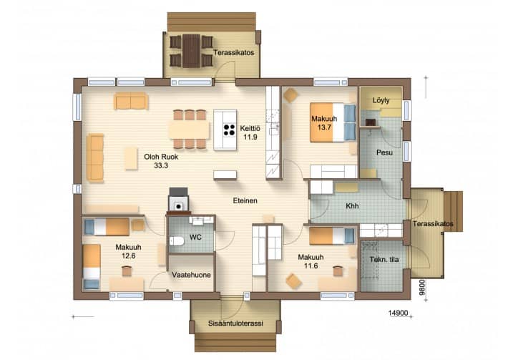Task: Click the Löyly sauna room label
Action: pyautogui.click(x=381, y=100)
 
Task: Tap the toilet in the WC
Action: pyautogui.click(x=177, y=240)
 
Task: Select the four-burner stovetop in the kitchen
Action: pyautogui.click(x=229, y=130)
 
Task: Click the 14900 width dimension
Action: pyautogui.click(x=398, y=313)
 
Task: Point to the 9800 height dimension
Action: pyautogui.click(x=421, y=287)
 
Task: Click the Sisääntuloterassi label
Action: pyautogui.click(x=235, y=323)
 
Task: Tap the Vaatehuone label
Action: pyautogui.click(x=191, y=275)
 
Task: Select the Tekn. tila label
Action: pyautogui.click(x=384, y=260)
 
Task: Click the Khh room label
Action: pyautogui.click(x=352, y=206)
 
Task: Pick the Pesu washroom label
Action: pyautogui.click(x=384, y=152)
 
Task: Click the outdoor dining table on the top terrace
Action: pyautogui.click(x=191, y=51)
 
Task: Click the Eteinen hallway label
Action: pyautogui.click(x=245, y=200)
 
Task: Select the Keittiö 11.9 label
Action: pyautogui.click(x=250, y=132)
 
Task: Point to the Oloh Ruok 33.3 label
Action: pyautogui.click(x=161, y=161)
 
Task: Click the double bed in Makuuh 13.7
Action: pyautogui.click(x=333, y=122)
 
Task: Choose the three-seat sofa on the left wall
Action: pyautogui.click(x=95, y=158)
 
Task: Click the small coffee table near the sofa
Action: pyautogui.click(x=131, y=159)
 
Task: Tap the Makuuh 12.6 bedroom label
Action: pyautogui.click(x=129, y=251)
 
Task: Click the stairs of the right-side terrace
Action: pyautogui.click(x=454, y=211)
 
